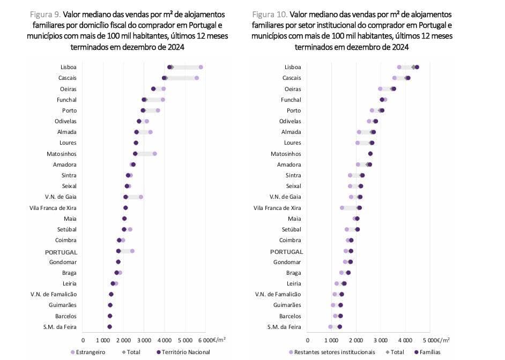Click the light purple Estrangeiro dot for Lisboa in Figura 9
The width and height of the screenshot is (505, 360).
201,67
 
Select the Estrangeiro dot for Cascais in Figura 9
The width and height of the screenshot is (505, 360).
197,78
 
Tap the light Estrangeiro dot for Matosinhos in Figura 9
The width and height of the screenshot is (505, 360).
155,154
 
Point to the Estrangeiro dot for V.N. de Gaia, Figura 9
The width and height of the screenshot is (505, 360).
141,197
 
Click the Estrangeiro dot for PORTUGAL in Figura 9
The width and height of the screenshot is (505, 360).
132,251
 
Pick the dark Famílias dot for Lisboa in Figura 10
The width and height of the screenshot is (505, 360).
417,67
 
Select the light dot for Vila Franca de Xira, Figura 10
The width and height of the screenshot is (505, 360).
342,208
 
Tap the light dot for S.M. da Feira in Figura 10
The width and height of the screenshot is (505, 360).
330,327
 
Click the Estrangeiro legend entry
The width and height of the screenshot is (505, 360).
87,352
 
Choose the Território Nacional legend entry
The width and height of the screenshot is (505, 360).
183,352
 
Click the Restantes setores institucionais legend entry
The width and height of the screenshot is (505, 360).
332,352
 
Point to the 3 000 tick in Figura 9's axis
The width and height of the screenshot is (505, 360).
144,340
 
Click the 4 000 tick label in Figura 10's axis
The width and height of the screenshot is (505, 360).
404,340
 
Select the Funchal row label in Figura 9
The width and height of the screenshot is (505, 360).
66,100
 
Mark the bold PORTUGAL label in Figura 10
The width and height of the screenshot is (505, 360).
286,251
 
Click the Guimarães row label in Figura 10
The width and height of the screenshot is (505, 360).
287,305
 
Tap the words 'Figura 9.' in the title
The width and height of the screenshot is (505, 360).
46,13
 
